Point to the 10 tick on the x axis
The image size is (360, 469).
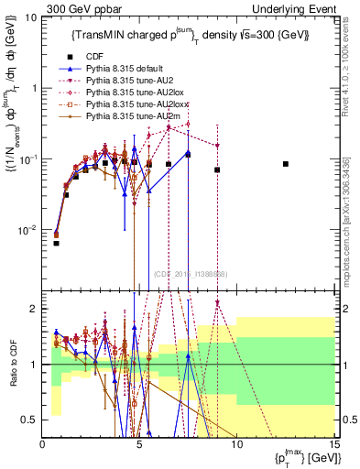pos(236,444)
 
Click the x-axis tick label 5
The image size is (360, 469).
pos(139,444)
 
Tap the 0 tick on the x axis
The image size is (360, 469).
pos(43,444)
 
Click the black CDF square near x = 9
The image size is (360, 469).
pos(217,169)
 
